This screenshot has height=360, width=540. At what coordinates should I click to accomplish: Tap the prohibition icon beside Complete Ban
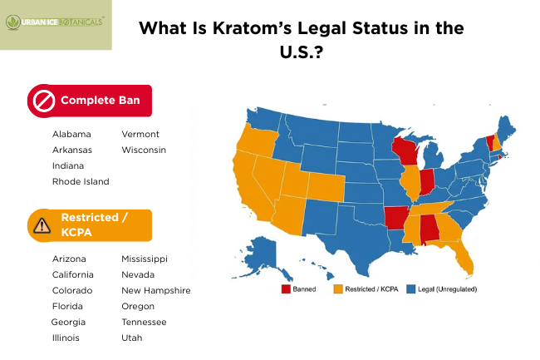(42, 101)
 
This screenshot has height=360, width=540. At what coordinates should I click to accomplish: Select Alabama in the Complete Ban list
(71, 134)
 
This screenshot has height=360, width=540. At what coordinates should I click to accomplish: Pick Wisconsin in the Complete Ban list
(144, 150)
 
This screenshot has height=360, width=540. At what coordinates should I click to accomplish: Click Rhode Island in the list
(81, 181)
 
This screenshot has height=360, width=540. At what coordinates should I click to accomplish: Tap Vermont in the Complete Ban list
(140, 134)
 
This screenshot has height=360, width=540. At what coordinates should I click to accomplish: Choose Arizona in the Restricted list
(69, 259)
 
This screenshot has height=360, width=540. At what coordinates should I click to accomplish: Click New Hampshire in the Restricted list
(156, 290)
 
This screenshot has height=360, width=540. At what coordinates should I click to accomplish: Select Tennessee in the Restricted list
(144, 322)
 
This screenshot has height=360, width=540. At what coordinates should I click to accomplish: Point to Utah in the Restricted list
(131, 338)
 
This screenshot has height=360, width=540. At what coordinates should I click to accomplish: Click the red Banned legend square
(285, 289)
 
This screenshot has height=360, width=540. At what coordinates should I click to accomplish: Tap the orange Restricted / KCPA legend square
(338, 289)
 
